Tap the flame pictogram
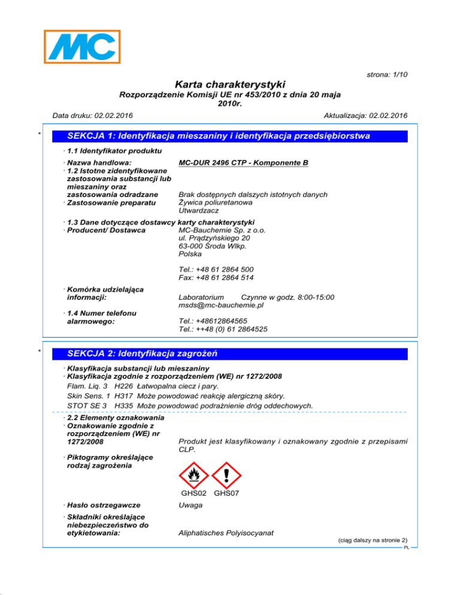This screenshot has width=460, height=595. point(193,475)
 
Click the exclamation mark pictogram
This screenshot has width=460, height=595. point(226,475)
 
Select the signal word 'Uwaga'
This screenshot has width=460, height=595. point(190,506)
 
